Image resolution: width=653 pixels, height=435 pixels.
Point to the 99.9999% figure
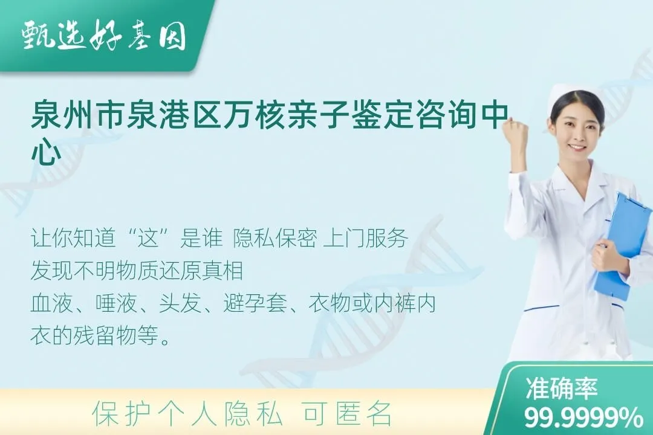[x=584, y=417]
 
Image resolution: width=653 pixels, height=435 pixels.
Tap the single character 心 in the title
[x=45, y=154]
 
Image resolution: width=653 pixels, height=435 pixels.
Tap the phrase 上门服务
[x=366, y=239]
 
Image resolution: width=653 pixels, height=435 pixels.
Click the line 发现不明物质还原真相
[x=137, y=271]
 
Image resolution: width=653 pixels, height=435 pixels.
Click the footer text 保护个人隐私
[x=187, y=414]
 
